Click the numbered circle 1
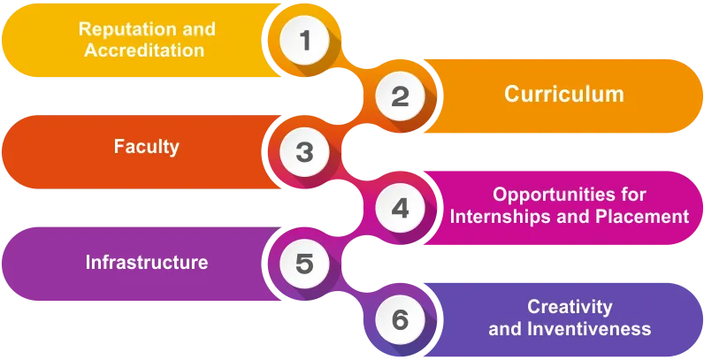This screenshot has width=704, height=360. (305, 41)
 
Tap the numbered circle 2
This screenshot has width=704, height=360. (401, 96)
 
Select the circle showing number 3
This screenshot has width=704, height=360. (305, 152)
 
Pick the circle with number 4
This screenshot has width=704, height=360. (401, 209)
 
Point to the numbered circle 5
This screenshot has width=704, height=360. (305, 264)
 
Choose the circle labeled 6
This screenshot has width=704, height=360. (401, 319)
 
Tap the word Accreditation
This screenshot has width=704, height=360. (144, 50)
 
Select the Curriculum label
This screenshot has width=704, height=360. (564, 95)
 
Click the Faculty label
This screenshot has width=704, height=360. (147, 147)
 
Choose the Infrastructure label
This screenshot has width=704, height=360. (147, 263)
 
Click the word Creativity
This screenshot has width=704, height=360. (570, 307)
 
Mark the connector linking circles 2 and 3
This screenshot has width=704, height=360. (353, 124)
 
